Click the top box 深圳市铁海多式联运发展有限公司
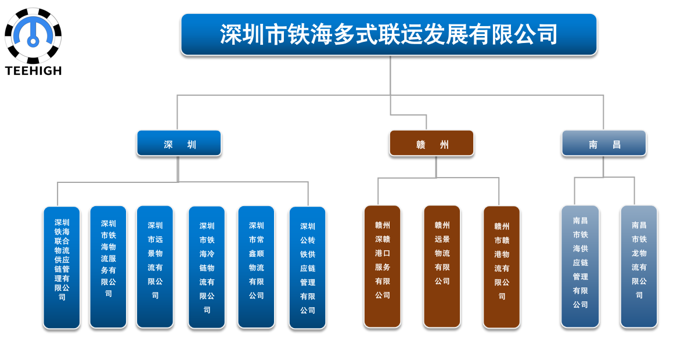coord(388,35)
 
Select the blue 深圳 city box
coord(179,143)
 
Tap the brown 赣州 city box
coord(432,143)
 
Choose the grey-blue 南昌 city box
coord(604,143)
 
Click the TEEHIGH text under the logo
coord(33,70)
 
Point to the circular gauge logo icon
coord(33,35)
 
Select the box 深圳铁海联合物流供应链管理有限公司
coord(62,268)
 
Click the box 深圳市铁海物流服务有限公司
coord(108,267)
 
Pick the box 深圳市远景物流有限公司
coord(154,267)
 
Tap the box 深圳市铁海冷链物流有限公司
coord(207,268)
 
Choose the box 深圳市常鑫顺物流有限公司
coord(256,267)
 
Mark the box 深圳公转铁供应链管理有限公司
coord(308,268)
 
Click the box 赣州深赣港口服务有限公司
coord(382,267)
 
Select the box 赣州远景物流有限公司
coord(442,267)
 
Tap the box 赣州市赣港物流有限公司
coord(501,267)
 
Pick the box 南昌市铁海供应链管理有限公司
coord(580,267)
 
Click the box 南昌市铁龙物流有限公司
coord(639,267)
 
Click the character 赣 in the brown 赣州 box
coord(420,145)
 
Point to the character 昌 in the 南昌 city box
coord(616,145)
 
